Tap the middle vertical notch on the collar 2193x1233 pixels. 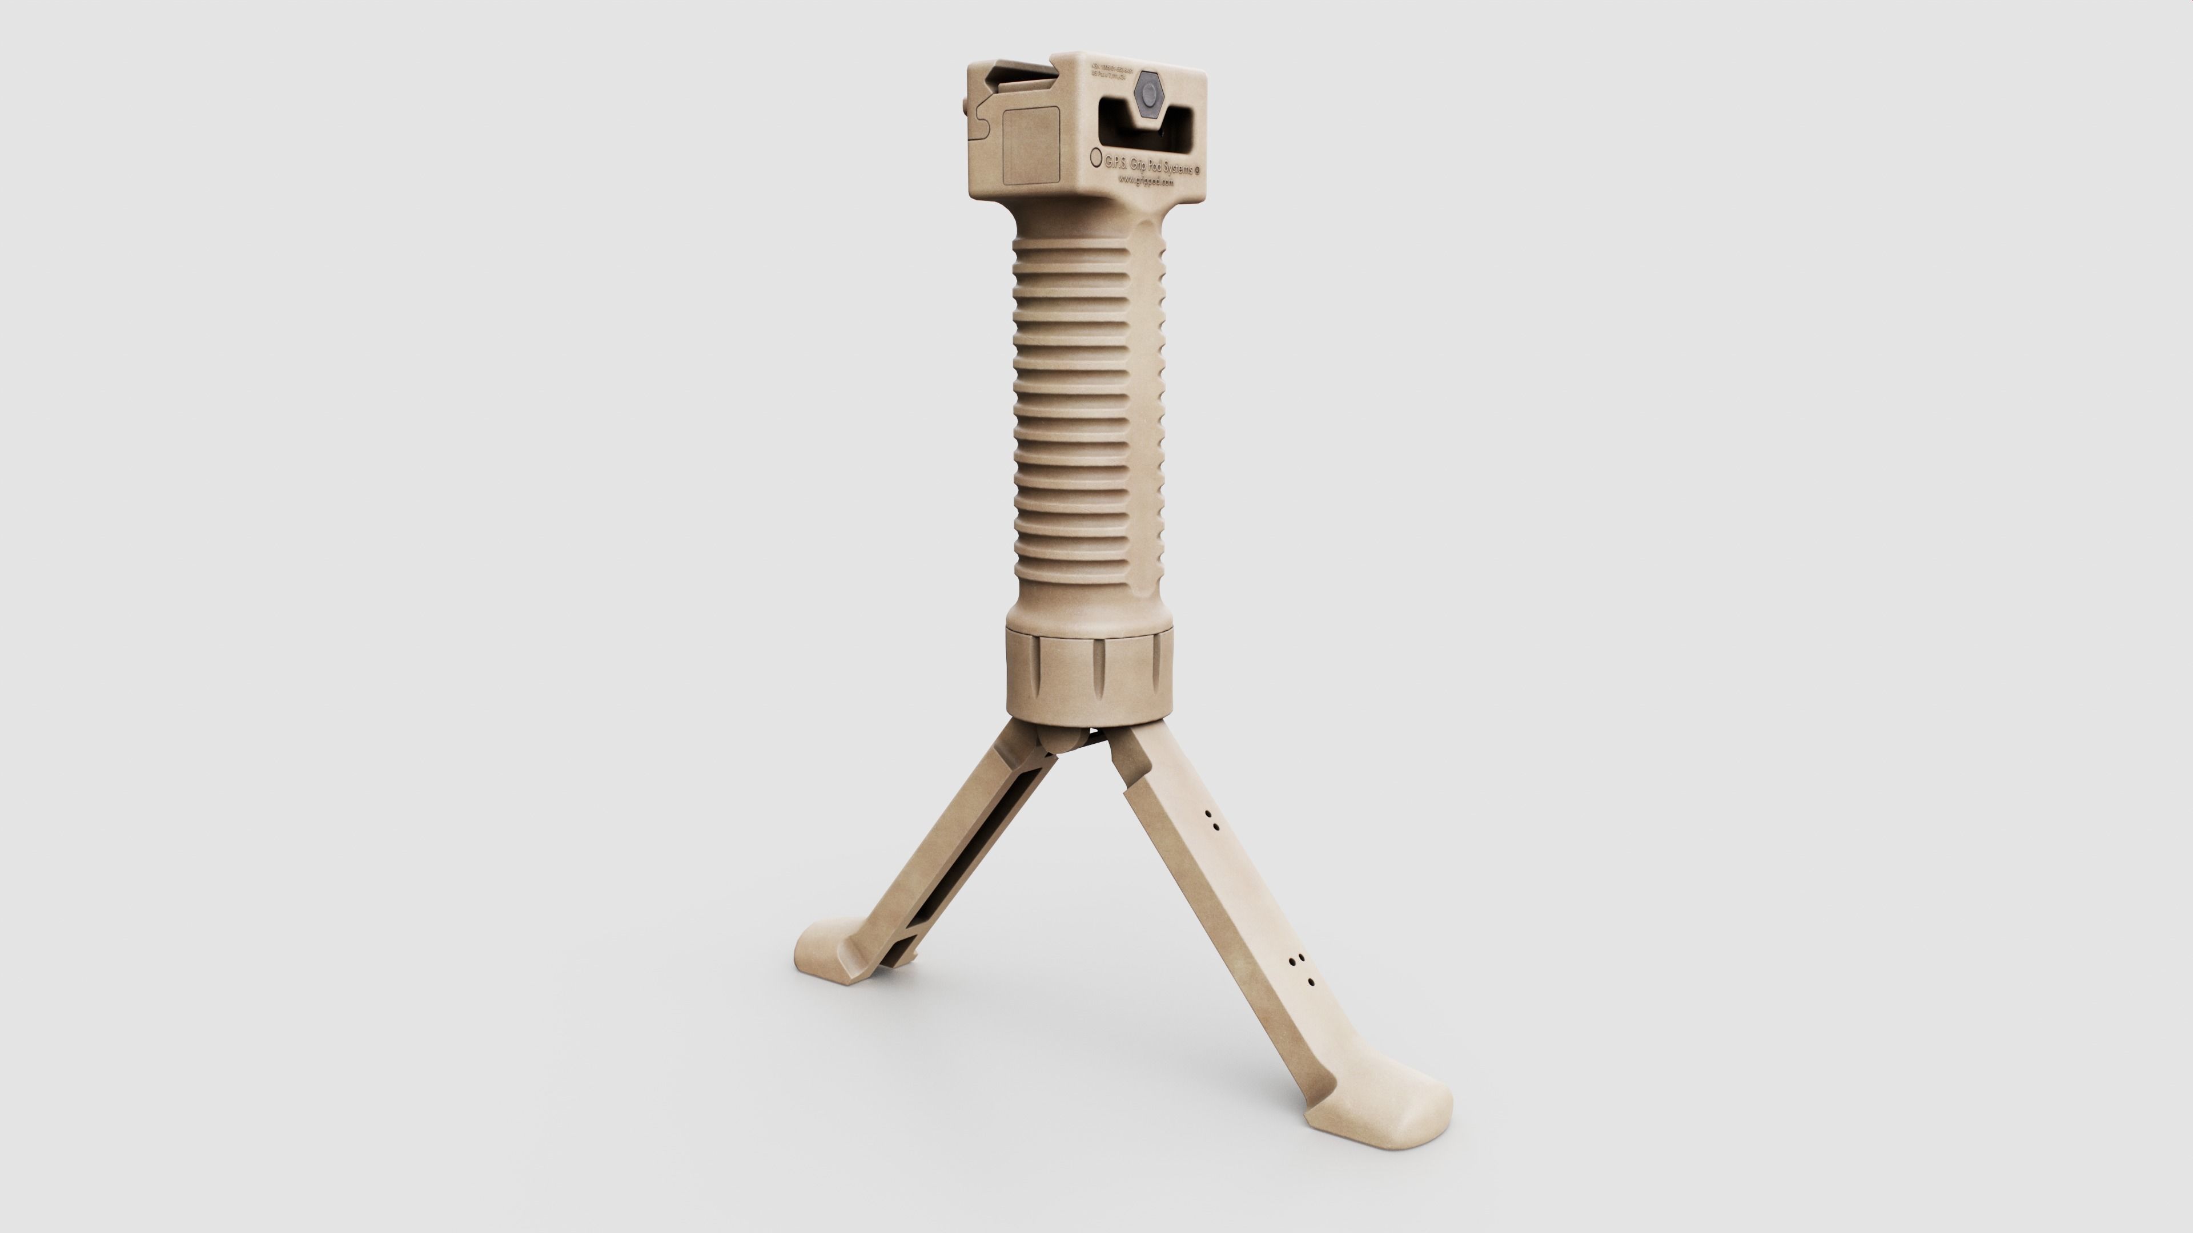(x=1099, y=668)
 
